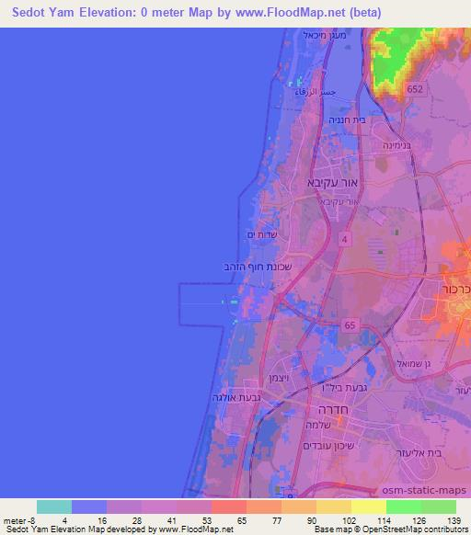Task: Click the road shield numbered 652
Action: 416,87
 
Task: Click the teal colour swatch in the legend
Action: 53,507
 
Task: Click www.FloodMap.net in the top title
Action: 270,12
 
